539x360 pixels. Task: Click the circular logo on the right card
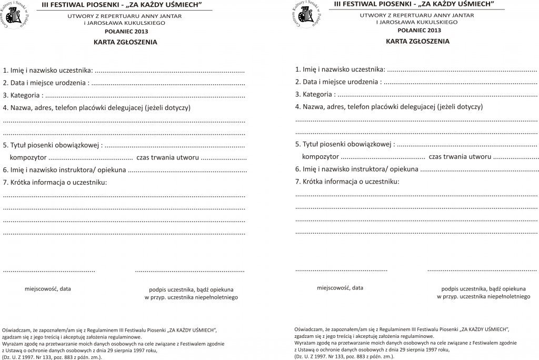306,16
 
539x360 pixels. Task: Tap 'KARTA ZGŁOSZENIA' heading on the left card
125,42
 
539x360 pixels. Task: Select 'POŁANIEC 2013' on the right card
417,30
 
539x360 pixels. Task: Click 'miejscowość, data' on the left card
48,289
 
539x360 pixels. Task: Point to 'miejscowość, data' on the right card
340,288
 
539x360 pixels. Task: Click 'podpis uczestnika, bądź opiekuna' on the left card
191,289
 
